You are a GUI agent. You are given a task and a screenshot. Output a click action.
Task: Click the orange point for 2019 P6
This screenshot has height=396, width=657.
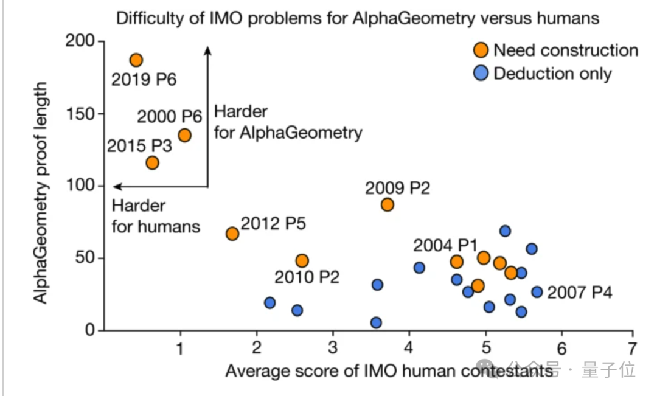[136, 60]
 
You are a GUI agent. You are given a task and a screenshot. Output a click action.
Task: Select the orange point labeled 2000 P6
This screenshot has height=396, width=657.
[184, 135]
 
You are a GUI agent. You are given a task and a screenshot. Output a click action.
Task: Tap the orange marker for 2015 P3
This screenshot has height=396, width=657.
[152, 162]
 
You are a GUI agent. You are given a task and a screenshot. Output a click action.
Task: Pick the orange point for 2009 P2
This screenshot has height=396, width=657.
[387, 204]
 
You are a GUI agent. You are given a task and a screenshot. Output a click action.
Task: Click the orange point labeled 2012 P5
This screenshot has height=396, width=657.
[232, 234]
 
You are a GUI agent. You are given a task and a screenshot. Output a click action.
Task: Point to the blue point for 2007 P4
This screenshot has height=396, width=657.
[537, 292]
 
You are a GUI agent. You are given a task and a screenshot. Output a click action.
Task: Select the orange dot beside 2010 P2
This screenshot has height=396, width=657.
[302, 261]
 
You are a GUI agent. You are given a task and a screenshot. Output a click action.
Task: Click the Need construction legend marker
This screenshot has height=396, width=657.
[481, 49]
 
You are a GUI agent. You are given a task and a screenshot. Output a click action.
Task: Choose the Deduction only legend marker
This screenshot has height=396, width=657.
[481, 74]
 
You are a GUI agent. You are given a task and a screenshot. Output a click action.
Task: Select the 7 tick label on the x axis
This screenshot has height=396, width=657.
[633, 349]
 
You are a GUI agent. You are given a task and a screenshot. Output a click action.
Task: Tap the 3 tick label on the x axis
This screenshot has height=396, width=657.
[333, 349]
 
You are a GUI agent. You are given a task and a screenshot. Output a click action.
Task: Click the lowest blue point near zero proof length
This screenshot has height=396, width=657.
[376, 322]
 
